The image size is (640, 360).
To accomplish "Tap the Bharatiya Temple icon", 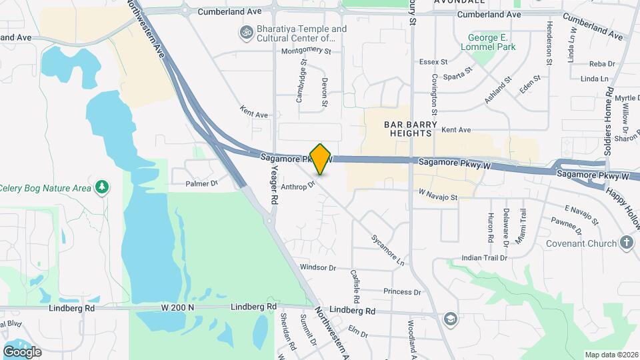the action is [x=246, y=32].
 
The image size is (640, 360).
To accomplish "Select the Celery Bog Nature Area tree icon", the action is [x=101, y=187].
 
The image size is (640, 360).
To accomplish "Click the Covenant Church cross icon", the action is [x=626, y=243].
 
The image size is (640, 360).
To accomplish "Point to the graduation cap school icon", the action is [x=451, y=318].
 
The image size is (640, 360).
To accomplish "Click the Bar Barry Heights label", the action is [x=411, y=129].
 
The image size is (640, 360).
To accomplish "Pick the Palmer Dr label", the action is [x=202, y=183].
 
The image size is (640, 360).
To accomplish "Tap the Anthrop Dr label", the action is [x=297, y=187].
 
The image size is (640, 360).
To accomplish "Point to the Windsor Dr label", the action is [x=318, y=267].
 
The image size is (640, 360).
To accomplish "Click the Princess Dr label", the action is [x=402, y=292].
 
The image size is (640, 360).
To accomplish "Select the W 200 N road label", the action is [x=177, y=307].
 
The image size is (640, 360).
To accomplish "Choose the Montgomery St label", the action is [x=306, y=50].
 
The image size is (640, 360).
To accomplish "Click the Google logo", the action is [x=22, y=351].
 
